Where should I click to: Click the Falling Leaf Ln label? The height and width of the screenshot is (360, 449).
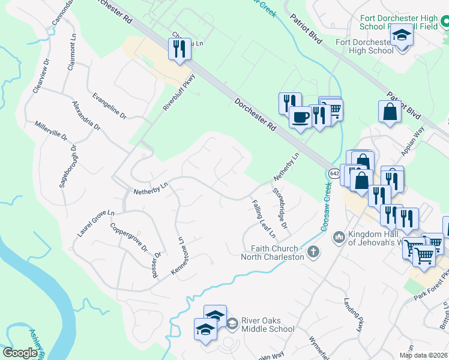pos(263,217)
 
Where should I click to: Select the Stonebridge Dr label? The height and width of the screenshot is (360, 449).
pos(280,209)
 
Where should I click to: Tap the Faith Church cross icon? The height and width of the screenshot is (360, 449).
pos(313,252)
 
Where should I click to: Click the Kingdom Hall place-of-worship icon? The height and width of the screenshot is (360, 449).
pos(339,238)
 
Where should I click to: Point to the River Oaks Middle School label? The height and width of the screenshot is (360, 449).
pos(268,325)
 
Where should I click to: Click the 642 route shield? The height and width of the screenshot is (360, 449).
pos(334,173)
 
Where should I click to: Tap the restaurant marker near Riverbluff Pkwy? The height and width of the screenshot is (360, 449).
pos(178,49)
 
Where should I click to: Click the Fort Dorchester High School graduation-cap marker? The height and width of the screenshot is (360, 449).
pos(402,35)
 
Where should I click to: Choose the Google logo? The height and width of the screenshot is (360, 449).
pos(20,353)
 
